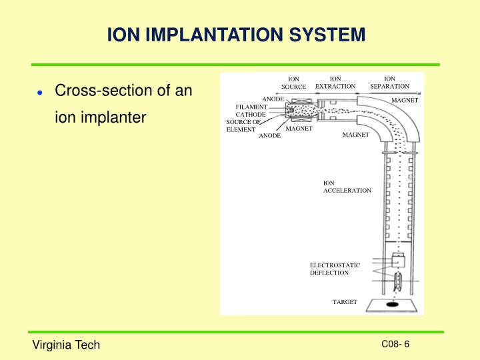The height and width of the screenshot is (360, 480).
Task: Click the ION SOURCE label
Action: (x=293, y=83)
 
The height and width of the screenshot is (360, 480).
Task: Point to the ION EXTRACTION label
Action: (x=335, y=82)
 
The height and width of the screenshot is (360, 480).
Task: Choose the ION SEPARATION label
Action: (x=389, y=82)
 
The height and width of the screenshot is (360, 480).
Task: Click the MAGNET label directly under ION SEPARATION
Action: (x=404, y=100)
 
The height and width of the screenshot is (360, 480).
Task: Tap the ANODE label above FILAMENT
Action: (x=273, y=99)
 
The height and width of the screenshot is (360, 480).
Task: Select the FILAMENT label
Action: (x=251, y=107)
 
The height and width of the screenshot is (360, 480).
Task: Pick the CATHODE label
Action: (x=251, y=115)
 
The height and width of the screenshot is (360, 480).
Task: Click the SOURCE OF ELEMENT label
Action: (x=242, y=125)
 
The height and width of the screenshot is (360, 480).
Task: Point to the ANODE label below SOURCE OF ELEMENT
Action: (x=270, y=136)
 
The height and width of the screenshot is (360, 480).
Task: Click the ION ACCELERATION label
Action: (x=347, y=187)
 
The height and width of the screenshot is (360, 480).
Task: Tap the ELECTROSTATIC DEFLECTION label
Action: (x=335, y=269)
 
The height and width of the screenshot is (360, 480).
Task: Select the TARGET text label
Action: (x=345, y=302)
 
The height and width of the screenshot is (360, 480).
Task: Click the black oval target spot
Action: (x=394, y=305)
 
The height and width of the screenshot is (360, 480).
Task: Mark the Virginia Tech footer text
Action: (x=67, y=345)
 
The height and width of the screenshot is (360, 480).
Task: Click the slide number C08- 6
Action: (x=395, y=344)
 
